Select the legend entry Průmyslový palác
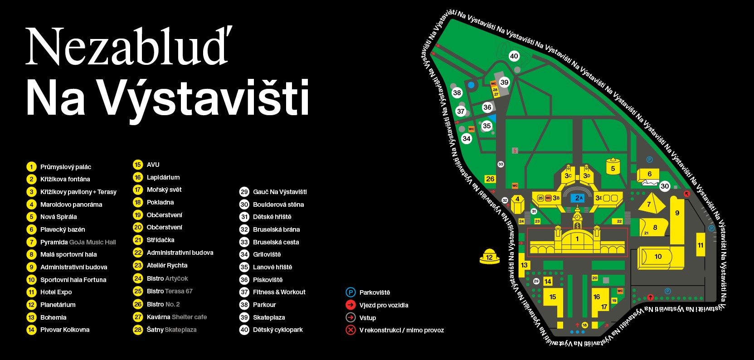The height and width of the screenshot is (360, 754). [65, 167]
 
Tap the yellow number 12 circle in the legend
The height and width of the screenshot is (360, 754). [31, 305]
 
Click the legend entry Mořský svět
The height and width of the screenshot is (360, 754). [164, 190]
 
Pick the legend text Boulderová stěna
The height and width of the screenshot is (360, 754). [278, 204]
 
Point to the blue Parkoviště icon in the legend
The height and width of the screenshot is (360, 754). [350, 292]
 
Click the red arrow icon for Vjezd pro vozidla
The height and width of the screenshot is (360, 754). [350, 305]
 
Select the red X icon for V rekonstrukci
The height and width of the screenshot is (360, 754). [350, 330]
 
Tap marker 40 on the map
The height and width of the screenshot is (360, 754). [514, 56]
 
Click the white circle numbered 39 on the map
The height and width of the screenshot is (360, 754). [504, 82]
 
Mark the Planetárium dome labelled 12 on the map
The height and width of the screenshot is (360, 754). [489, 257]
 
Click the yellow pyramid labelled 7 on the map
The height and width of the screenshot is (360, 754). [649, 203]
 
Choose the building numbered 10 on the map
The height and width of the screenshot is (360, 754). [658, 257]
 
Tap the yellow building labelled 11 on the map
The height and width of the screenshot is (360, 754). [700, 245]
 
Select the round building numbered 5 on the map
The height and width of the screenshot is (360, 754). [613, 168]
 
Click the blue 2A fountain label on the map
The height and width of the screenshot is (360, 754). [579, 198]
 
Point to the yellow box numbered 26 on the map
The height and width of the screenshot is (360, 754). [490, 179]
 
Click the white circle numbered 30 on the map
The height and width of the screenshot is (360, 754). [665, 186]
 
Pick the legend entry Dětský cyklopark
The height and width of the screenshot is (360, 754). [277, 330]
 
